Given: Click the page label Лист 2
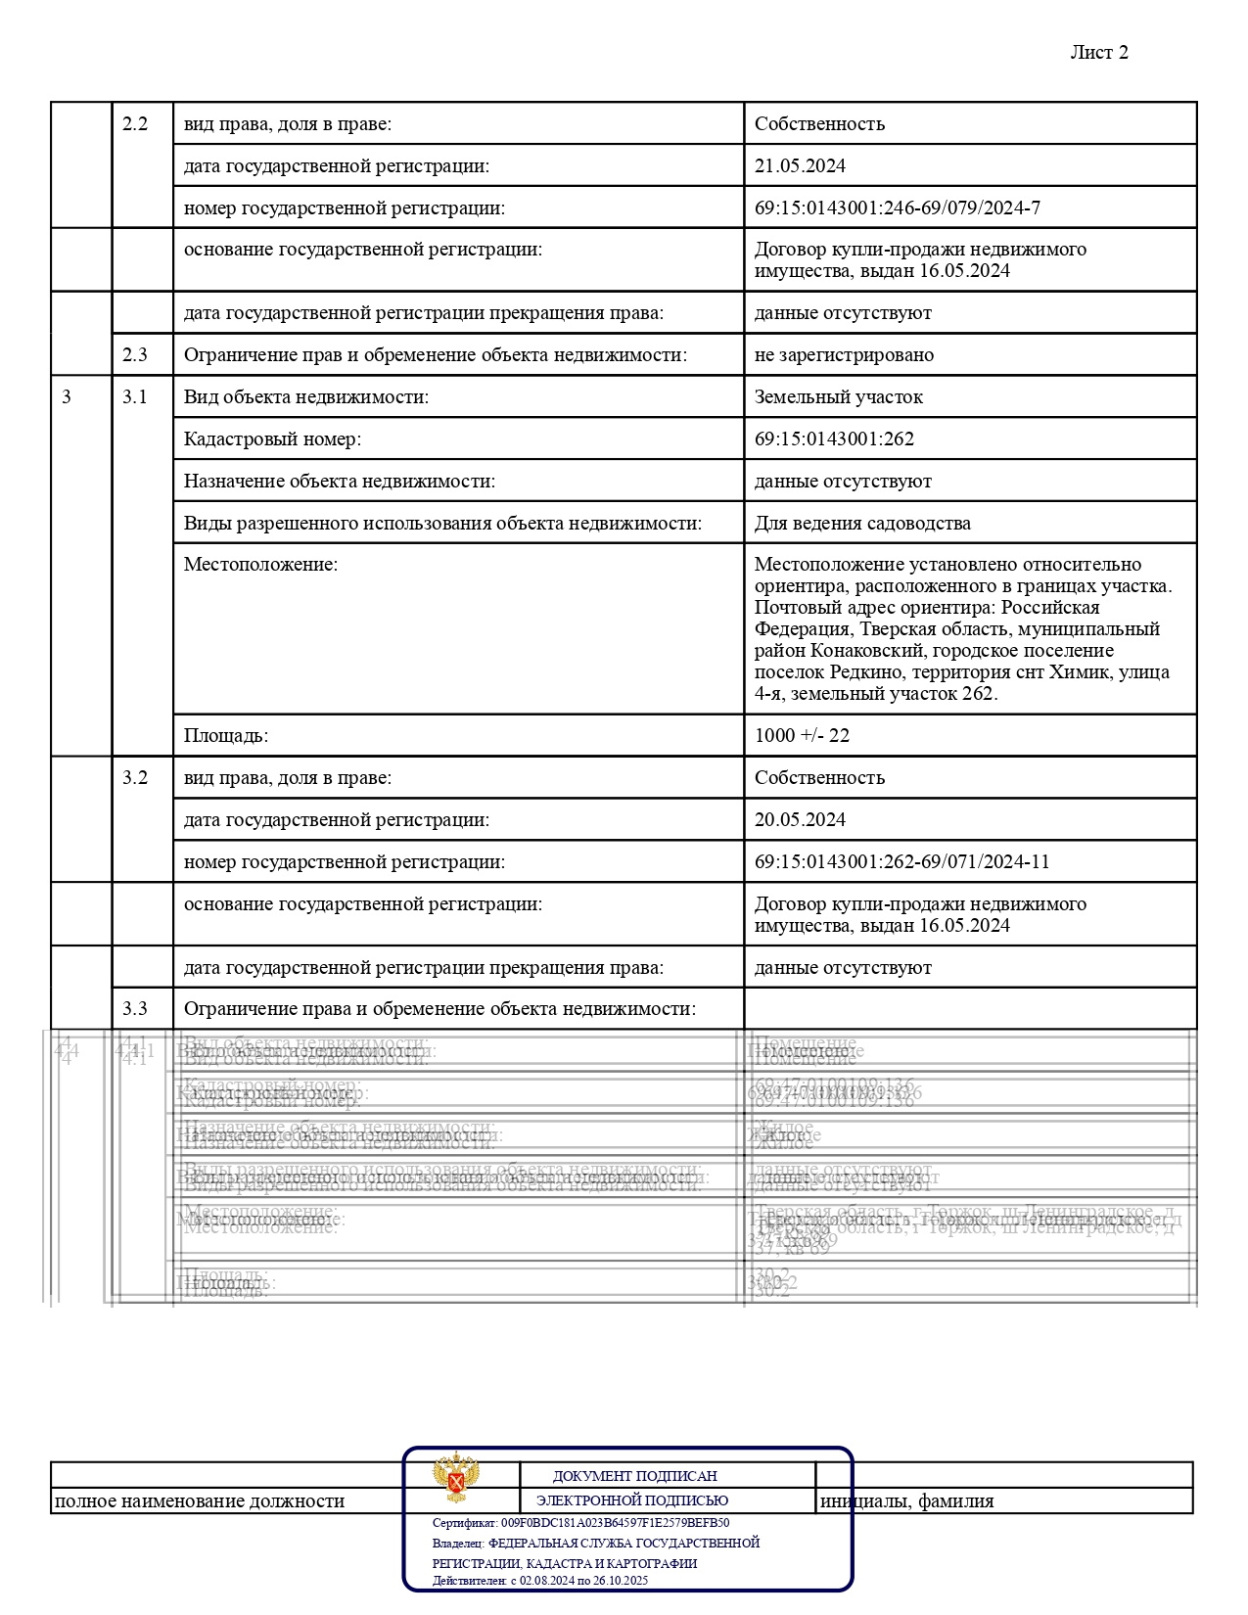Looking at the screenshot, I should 1098,53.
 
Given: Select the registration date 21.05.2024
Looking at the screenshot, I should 800,165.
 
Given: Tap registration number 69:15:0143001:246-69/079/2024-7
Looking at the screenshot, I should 897,208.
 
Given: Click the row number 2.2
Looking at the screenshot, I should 135,123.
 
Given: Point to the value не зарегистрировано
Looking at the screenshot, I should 844,354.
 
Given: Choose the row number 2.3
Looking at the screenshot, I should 135,354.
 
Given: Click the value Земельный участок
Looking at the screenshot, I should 838,396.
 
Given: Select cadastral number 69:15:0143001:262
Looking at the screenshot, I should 834,438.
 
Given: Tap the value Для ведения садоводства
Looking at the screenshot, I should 862,523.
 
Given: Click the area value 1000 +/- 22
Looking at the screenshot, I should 802,735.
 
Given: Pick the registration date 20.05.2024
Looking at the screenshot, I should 800,819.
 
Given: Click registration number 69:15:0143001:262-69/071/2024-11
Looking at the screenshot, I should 901,861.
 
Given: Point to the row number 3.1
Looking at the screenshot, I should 135,396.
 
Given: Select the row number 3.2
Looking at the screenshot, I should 135,777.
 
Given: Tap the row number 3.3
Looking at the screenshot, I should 135,1008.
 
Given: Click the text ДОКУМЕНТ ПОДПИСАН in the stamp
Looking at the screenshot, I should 634,1476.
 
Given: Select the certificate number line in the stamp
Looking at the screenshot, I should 580,1523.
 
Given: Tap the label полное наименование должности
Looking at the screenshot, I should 200,1500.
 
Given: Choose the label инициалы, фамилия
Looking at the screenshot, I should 906,1500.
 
